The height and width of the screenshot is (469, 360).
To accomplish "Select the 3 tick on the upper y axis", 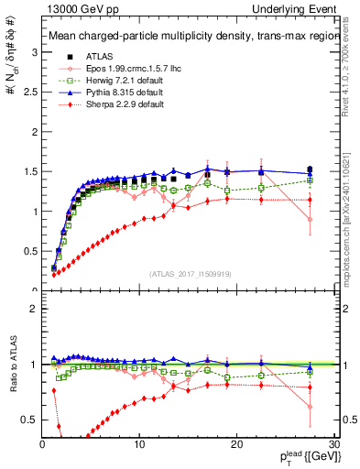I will coord(34,52).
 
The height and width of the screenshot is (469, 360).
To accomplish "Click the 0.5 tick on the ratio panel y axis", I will coord(29,420).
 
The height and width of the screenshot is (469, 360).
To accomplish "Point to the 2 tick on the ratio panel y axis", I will coord(34,309).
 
